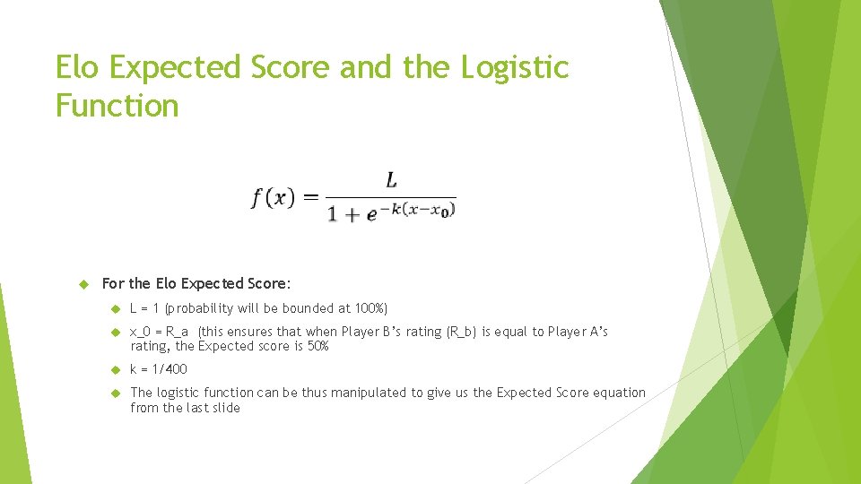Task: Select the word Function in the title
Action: tap(117, 106)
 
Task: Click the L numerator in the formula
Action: tap(391, 180)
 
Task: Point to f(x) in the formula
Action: tap(273, 198)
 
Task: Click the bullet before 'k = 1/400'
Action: tap(114, 369)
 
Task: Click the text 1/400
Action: tap(171, 369)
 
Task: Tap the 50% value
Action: tap(318, 346)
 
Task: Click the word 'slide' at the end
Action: tap(225, 408)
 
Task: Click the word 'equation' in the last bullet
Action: tap(619, 393)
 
